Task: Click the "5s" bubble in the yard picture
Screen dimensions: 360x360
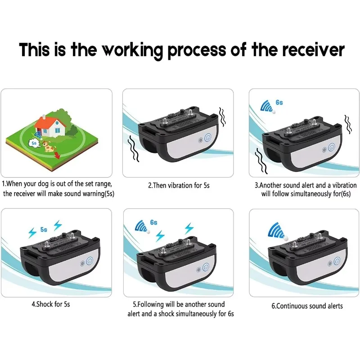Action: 34,143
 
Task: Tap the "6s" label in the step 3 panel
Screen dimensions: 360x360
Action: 279,103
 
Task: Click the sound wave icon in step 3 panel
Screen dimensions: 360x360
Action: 268,107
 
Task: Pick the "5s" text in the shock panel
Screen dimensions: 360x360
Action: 43,229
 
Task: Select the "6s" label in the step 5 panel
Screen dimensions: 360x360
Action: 153,222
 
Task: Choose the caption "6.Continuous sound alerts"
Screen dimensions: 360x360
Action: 307,306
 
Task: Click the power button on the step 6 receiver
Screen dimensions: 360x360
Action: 337,261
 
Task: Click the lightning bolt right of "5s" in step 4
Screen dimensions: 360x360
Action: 58,225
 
